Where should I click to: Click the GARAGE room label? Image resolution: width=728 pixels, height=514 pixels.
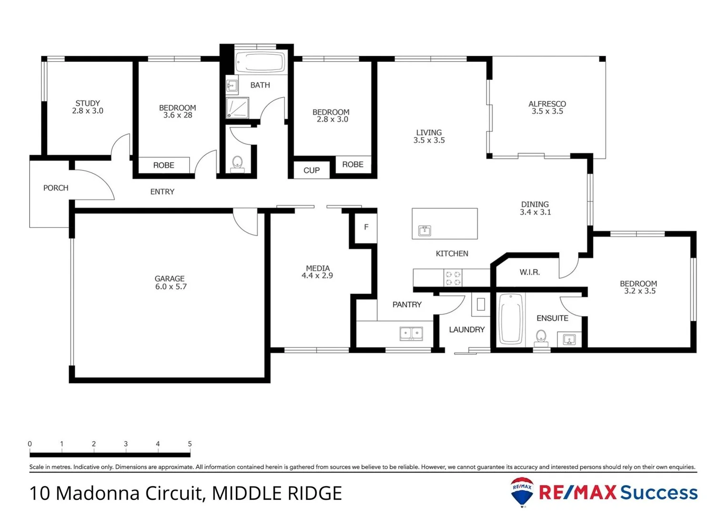[x=170, y=279]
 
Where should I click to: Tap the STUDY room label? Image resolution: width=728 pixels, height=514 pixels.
[x=88, y=103]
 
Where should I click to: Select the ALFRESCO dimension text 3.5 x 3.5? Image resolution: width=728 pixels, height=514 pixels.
[x=547, y=111]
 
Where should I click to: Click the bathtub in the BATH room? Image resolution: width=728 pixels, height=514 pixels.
[x=260, y=62]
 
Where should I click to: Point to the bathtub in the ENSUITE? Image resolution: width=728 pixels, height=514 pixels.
[x=510, y=319]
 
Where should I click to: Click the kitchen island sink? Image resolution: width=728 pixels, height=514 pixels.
[x=425, y=231]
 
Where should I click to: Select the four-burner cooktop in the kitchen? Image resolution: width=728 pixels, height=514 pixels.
[x=453, y=278]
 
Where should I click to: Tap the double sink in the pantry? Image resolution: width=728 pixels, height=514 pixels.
[x=411, y=333]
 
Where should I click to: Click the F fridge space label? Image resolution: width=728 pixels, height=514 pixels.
[x=366, y=227]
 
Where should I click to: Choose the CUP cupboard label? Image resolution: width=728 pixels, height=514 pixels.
[x=312, y=170]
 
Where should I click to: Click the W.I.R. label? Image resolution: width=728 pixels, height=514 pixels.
[x=529, y=272]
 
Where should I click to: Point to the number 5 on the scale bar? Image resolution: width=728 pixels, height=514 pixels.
[x=190, y=444]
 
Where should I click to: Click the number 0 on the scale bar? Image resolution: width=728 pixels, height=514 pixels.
[x=30, y=444]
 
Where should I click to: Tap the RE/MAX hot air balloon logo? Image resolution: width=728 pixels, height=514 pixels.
[x=522, y=492]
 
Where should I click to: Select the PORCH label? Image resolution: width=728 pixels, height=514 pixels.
[x=56, y=188]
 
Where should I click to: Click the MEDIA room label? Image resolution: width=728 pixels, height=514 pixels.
[x=318, y=268]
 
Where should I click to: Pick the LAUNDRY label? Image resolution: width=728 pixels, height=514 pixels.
[x=466, y=329]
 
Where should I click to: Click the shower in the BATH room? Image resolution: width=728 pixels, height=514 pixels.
[x=237, y=108]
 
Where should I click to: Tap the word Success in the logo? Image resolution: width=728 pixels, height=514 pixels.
[x=658, y=493]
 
